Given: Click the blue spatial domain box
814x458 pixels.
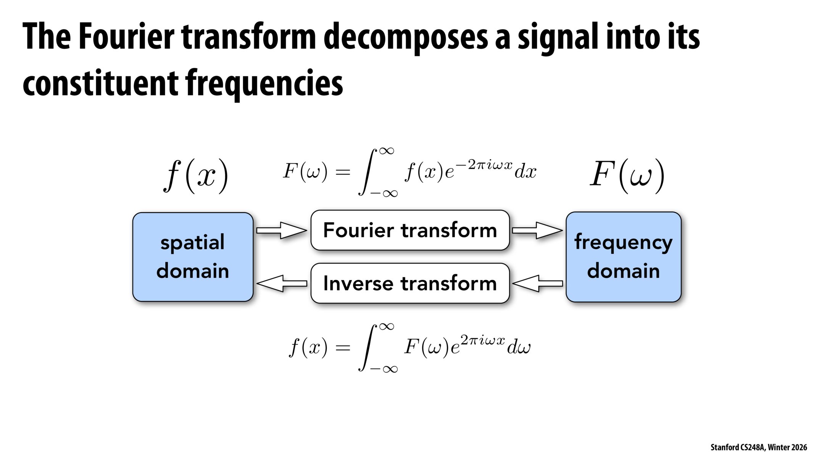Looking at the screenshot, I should (x=193, y=257).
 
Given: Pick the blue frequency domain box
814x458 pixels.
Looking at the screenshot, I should (x=623, y=257).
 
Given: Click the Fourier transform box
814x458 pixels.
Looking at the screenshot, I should (x=410, y=230).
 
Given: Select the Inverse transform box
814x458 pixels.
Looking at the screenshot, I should (x=410, y=283).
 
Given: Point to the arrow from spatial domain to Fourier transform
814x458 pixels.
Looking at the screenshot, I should (x=281, y=230).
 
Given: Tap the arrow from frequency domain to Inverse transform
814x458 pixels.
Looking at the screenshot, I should (x=537, y=283).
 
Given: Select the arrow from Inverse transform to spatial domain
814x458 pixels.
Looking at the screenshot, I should (x=281, y=283).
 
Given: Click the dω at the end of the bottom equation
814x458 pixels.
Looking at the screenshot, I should (x=519, y=347).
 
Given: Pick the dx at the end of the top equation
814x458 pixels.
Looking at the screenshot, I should (x=525, y=172).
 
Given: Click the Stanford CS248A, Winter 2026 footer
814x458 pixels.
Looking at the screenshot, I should (x=758, y=447).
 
